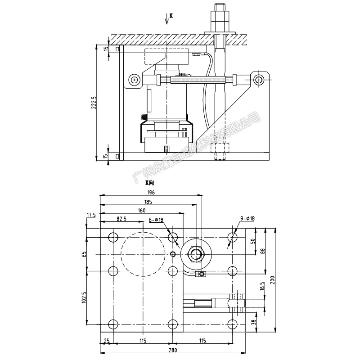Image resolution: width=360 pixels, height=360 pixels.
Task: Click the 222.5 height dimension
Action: (x=94, y=103)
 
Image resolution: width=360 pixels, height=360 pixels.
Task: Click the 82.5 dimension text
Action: (x=121, y=219)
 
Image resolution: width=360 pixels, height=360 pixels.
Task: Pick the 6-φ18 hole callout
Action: (x=156, y=220)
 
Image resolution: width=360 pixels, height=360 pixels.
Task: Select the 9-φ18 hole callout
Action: (x=247, y=218)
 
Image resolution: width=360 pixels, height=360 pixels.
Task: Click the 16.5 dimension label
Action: (x=262, y=286)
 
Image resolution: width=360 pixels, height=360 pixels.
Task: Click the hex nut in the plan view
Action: (x=197, y=254)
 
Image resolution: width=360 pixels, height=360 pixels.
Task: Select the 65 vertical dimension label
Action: (x=84, y=254)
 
